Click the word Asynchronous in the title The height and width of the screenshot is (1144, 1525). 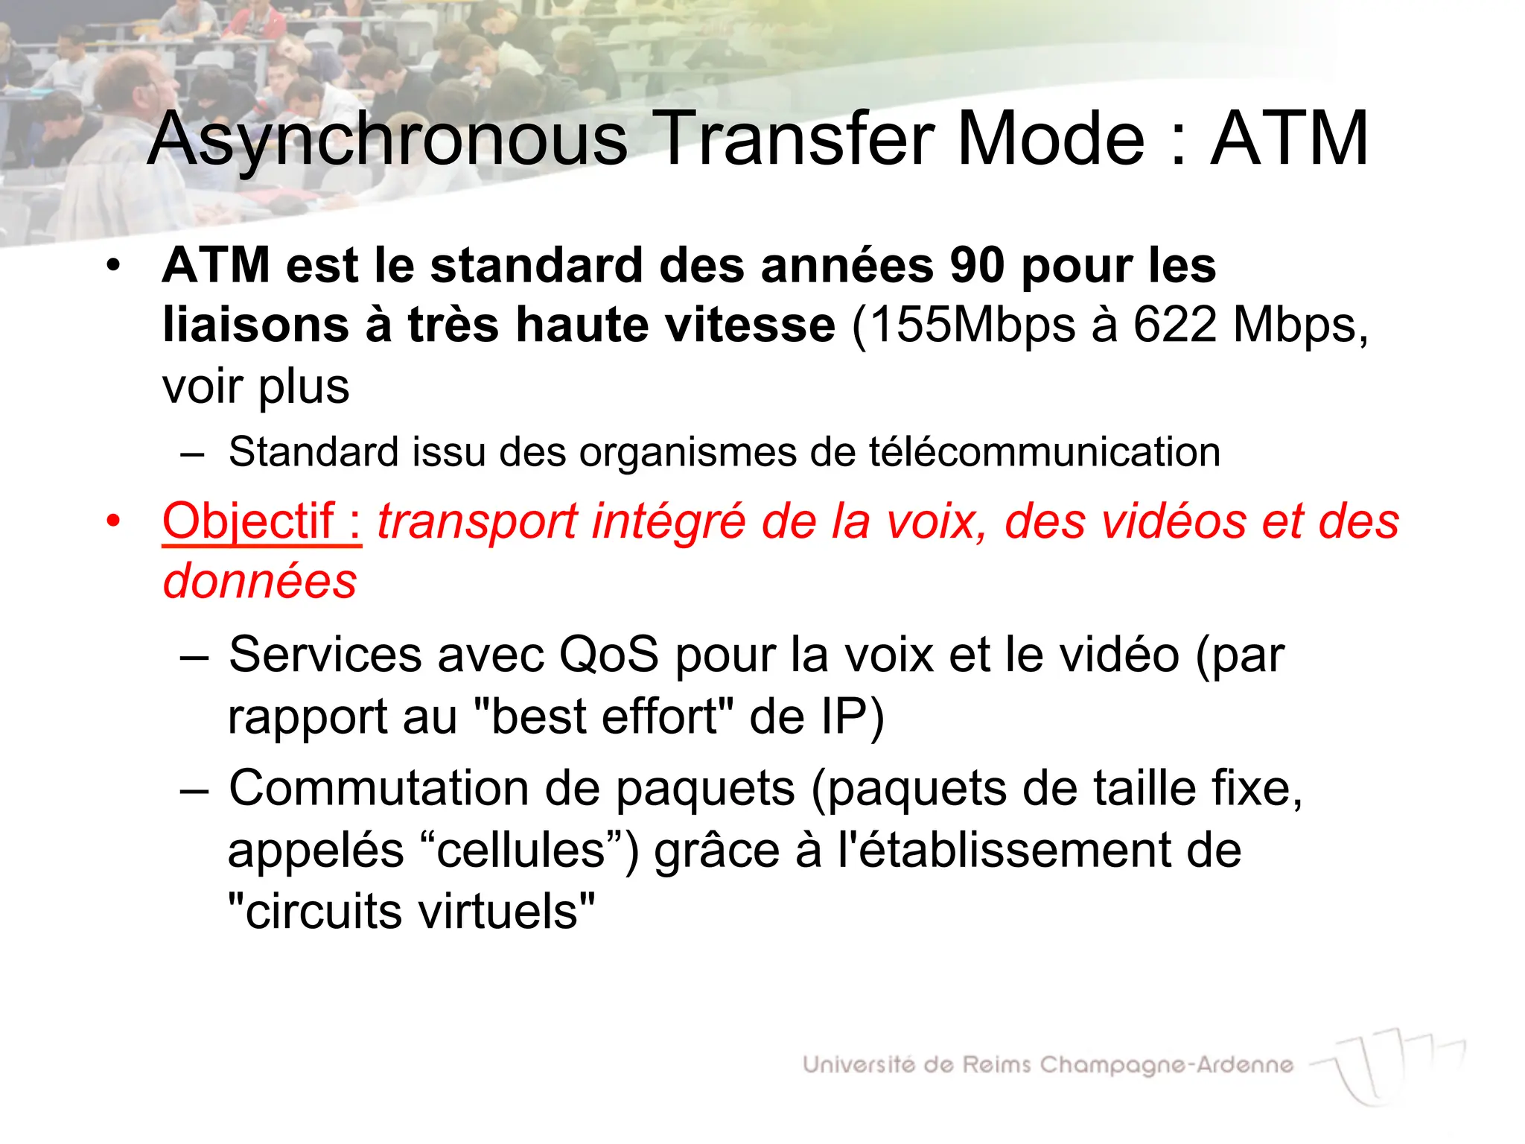[x=387, y=139]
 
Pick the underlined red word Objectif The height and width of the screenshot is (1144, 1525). [x=248, y=521]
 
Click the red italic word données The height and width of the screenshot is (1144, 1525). [x=260, y=582]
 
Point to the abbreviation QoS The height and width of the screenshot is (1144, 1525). [x=608, y=655]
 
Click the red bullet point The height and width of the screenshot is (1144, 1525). [x=112, y=521]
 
